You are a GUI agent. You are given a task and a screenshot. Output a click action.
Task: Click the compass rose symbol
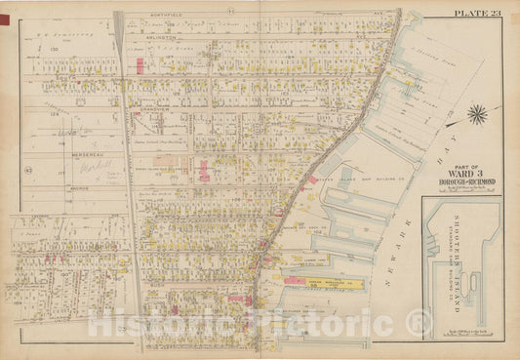(477, 115)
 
